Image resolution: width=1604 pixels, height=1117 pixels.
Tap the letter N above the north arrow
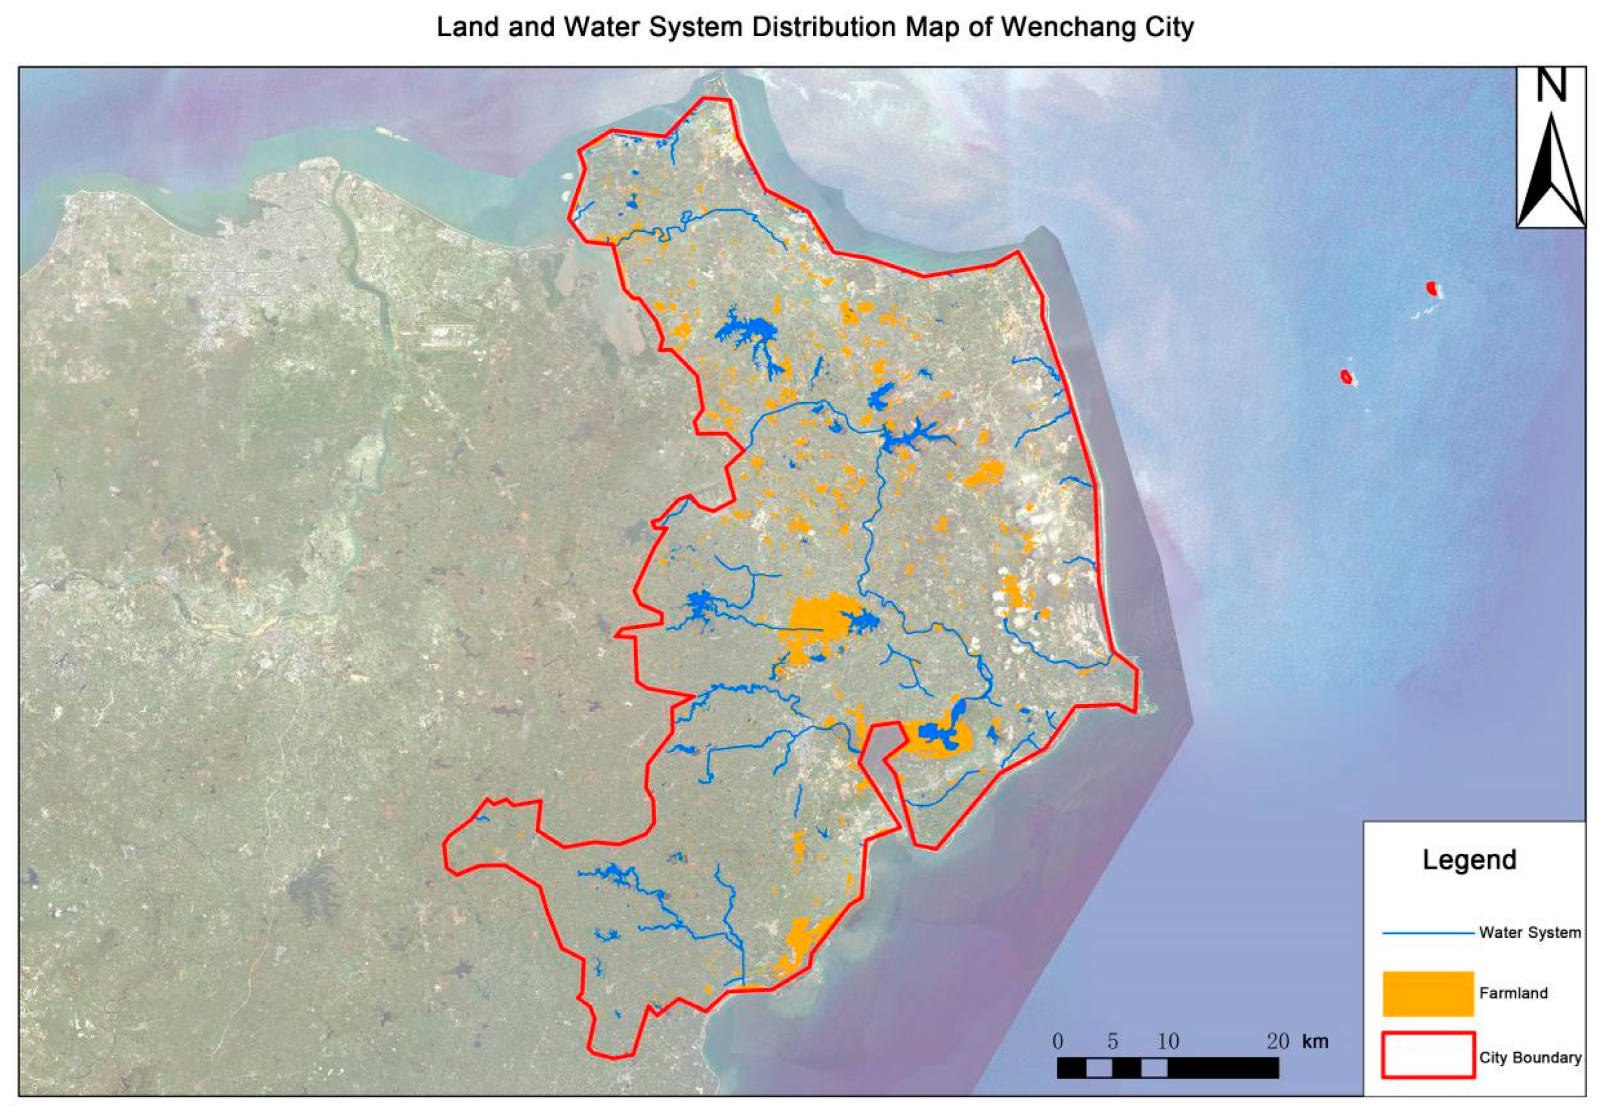tap(1551, 85)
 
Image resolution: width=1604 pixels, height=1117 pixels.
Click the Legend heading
tap(1469, 860)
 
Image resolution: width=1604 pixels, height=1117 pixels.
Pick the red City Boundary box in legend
tap(1428, 1055)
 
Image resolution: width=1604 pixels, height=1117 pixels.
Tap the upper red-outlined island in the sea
tap(1431, 288)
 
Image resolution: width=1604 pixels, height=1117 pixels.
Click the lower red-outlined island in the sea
tap(1345, 376)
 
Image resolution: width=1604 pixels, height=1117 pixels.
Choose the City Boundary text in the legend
tap(1530, 1057)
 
